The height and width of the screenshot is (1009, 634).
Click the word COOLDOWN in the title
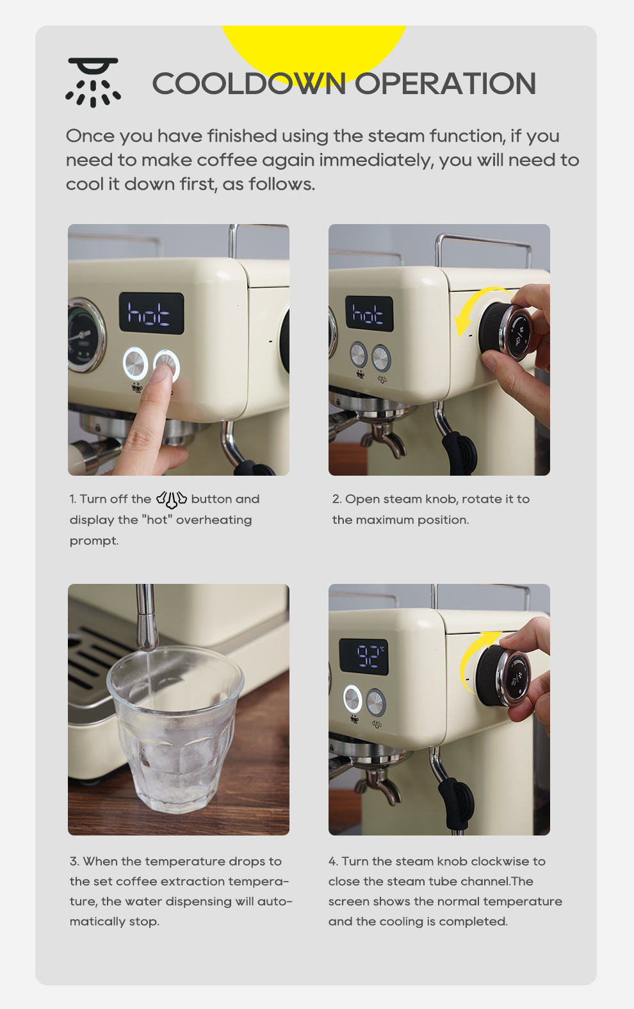tap(249, 84)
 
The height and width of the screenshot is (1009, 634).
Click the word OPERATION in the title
tap(445, 84)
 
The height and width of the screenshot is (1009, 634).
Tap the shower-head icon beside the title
tap(93, 83)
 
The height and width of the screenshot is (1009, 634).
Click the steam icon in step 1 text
tap(171, 499)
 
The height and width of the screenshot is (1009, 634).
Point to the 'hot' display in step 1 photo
tap(151, 313)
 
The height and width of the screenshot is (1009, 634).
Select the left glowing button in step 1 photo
tap(135, 363)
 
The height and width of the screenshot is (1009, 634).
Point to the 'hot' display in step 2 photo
tap(369, 314)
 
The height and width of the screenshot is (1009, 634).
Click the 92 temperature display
tap(364, 657)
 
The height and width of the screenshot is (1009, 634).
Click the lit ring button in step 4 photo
tap(352, 698)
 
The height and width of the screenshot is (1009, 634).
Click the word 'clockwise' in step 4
tap(496, 861)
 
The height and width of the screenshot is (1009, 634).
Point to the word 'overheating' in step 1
tap(214, 521)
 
